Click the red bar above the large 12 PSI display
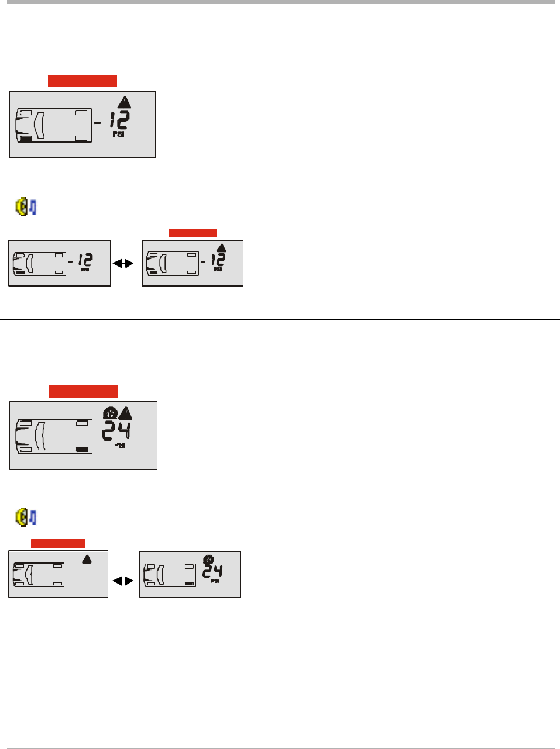pyautogui.click(x=83, y=81)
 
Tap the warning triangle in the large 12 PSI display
pyautogui.click(x=124, y=102)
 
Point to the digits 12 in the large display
pyautogui.click(x=119, y=121)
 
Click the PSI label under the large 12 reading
pyautogui.click(x=118, y=134)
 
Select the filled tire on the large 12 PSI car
pyautogui.click(x=26, y=139)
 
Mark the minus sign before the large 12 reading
pyautogui.click(x=98, y=123)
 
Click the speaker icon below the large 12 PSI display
pyautogui.click(x=26, y=207)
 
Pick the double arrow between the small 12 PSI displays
pyautogui.click(x=123, y=264)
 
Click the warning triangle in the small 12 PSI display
pyautogui.click(x=221, y=248)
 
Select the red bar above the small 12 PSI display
pyautogui.click(x=193, y=233)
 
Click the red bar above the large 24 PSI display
pyautogui.click(x=83, y=392)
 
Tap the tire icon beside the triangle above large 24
pyautogui.click(x=109, y=413)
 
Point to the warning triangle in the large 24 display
pyautogui.click(x=125, y=413)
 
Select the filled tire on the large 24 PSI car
pyautogui.click(x=83, y=449)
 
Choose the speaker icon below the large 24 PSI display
pyautogui.click(x=26, y=517)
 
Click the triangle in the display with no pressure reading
pyautogui.click(x=87, y=559)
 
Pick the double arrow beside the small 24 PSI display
pyautogui.click(x=123, y=581)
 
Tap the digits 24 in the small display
pyautogui.click(x=212, y=571)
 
